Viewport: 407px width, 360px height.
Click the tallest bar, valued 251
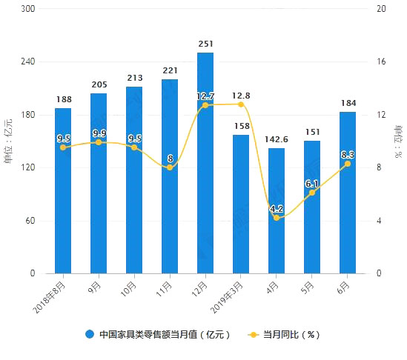click(205, 163)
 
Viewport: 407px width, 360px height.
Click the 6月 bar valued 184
click(348, 193)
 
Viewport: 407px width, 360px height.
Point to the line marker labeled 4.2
click(277, 218)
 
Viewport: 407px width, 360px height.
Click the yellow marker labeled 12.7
click(205, 105)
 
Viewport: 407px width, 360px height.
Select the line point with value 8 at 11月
click(170, 167)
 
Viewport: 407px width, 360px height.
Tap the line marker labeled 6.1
click(312, 193)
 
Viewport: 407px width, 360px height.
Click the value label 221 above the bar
click(170, 70)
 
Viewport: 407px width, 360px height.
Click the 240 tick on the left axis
click(27, 62)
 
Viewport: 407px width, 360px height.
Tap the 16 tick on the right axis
click(381, 62)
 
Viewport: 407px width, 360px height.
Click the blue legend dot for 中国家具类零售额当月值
click(90, 334)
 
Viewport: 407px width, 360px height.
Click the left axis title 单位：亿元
click(10, 141)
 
